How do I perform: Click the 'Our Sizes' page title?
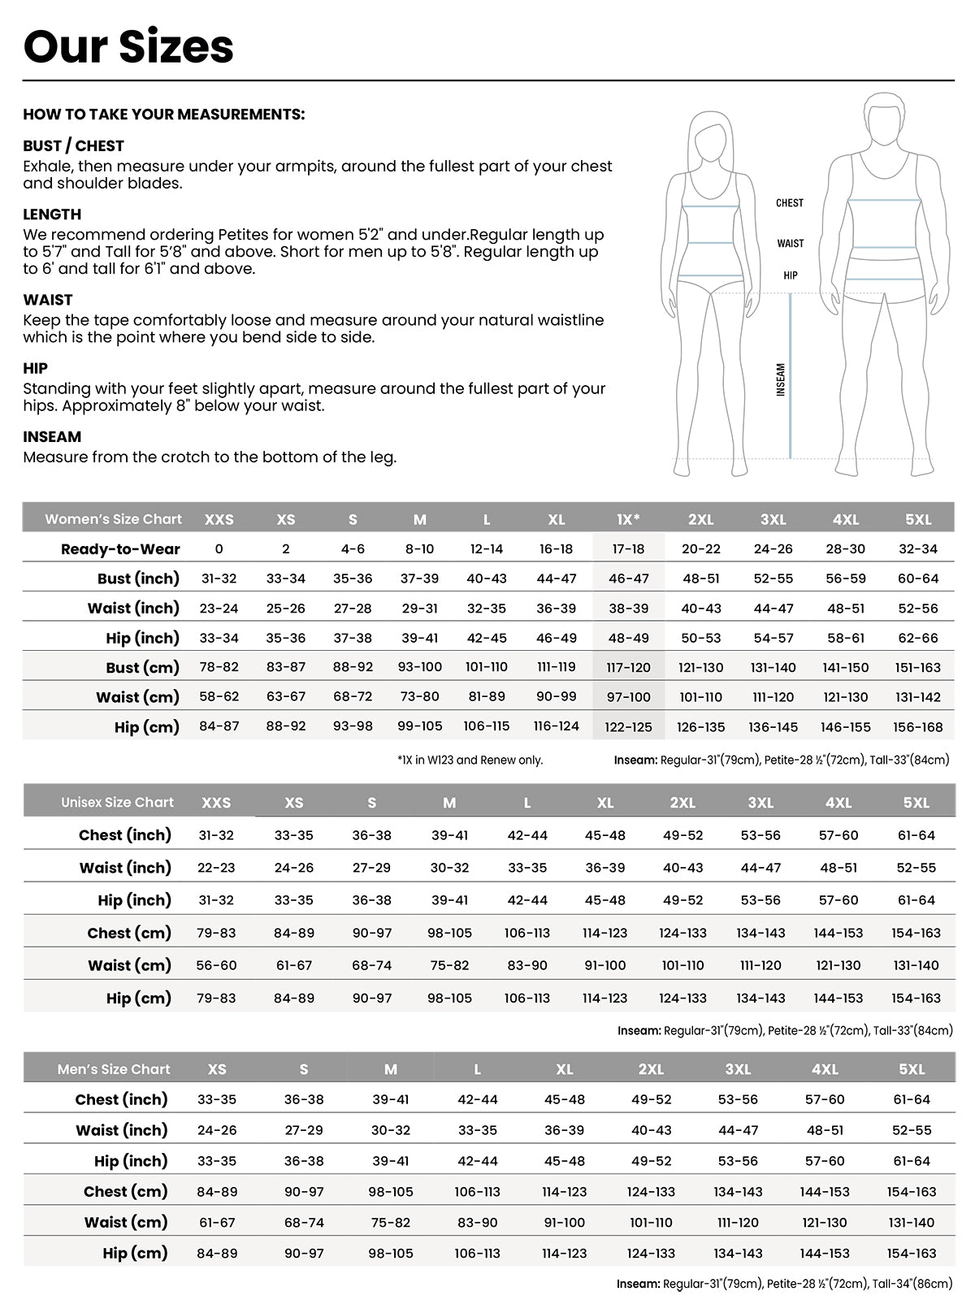coord(128,46)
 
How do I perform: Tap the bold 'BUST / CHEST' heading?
coord(73,146)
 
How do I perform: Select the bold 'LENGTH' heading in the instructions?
coord(52,214)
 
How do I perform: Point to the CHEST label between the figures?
coord(789,203)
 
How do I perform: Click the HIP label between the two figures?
coord(791,275)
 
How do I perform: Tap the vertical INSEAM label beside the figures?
coord(781,379)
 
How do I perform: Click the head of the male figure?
coord(884,122)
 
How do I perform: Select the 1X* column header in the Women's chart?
coord(628,519)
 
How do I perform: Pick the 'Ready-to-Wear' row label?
coord(120,549)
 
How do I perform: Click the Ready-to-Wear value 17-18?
coord(628,549)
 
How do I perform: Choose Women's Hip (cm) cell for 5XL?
coord(918,727)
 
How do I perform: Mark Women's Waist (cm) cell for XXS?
coord(219,697)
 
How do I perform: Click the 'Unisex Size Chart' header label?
coord(117,803)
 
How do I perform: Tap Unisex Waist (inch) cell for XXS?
coord(216,868)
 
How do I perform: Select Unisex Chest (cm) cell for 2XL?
coord(682,933)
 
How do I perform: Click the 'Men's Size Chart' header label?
coord(114,1069)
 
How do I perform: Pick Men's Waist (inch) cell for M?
coord(391,1130)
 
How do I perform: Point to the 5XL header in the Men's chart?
coord(912,1069)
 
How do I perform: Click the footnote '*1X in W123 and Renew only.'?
coord(470,760)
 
